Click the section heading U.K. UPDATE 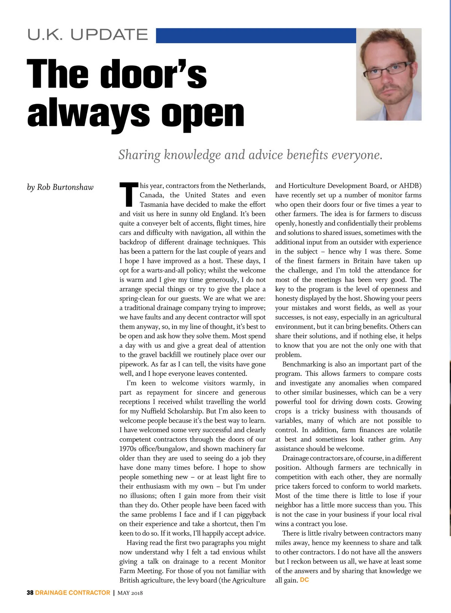click(x=88, y=35)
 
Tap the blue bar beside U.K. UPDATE click(x=256, y=36)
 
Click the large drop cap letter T click(x=129, y=195)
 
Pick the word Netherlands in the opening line click(x=246, y=186)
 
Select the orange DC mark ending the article click(x=304, y=580)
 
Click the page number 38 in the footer click(x=30, y=593)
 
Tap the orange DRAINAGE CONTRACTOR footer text click(x=73, y=593)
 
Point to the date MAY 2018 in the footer click(x=130, y=593)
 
